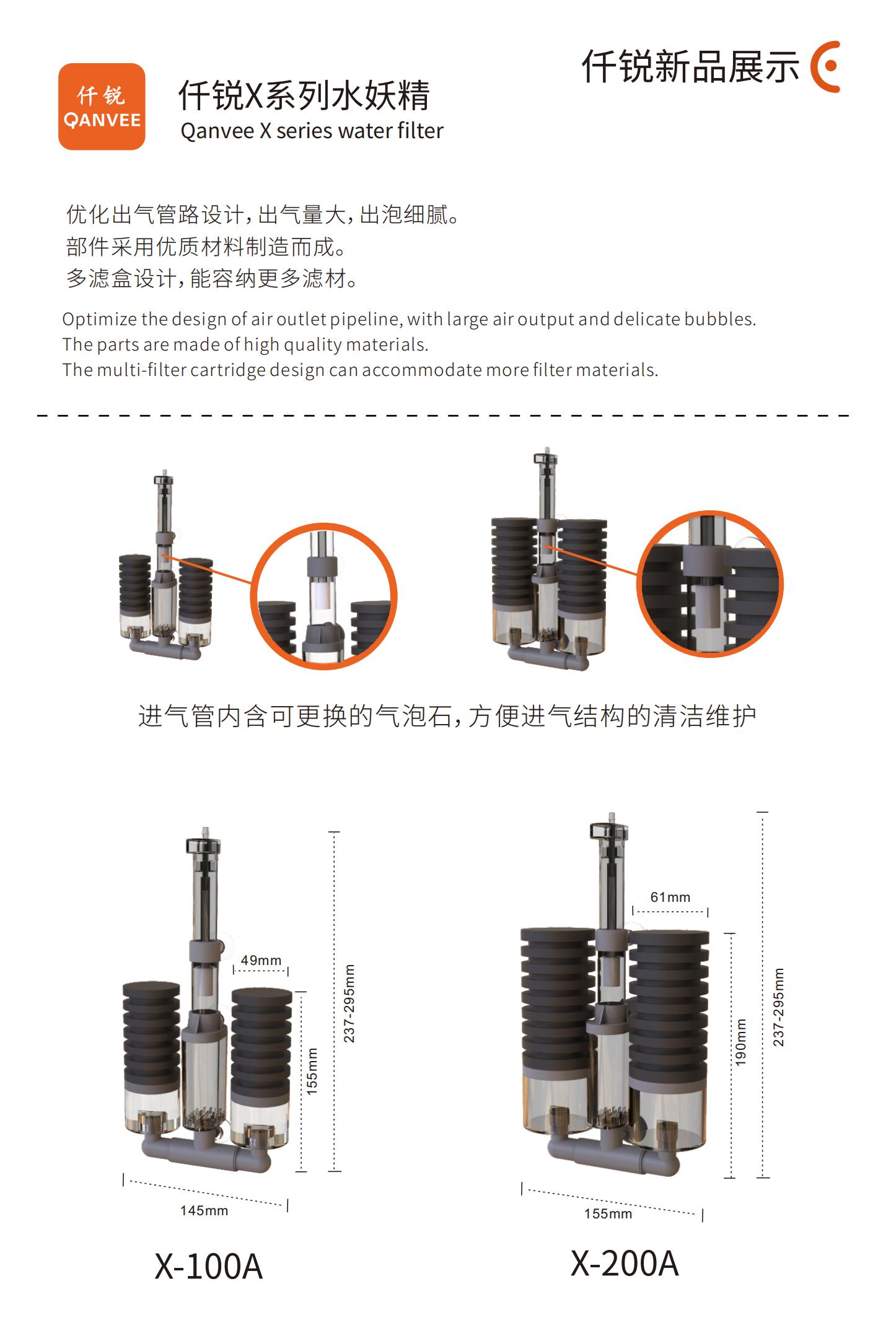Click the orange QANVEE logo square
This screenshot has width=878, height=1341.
click(x=102, y=107)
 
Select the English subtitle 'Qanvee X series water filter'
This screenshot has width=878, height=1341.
click(x=312, y=131)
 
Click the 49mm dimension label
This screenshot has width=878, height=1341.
click(x=261, y=960)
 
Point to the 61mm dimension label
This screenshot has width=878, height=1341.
click(x=670, y=897)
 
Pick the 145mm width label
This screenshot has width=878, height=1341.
click(x=204, y=1210)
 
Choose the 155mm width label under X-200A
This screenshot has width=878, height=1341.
click(x=608, y=1213)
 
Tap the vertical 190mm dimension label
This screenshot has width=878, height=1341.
click(x=741, y=1042)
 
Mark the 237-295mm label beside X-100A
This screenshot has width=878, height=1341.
click(x=349, y=1003)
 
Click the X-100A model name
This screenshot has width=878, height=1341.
click(x=209, y=1267)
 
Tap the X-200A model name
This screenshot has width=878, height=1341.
click(x=625, y=1263)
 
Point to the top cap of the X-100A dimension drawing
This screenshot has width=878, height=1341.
click(x=204, y=844)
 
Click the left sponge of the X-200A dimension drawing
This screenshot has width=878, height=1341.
click(x=558, y=1003)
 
